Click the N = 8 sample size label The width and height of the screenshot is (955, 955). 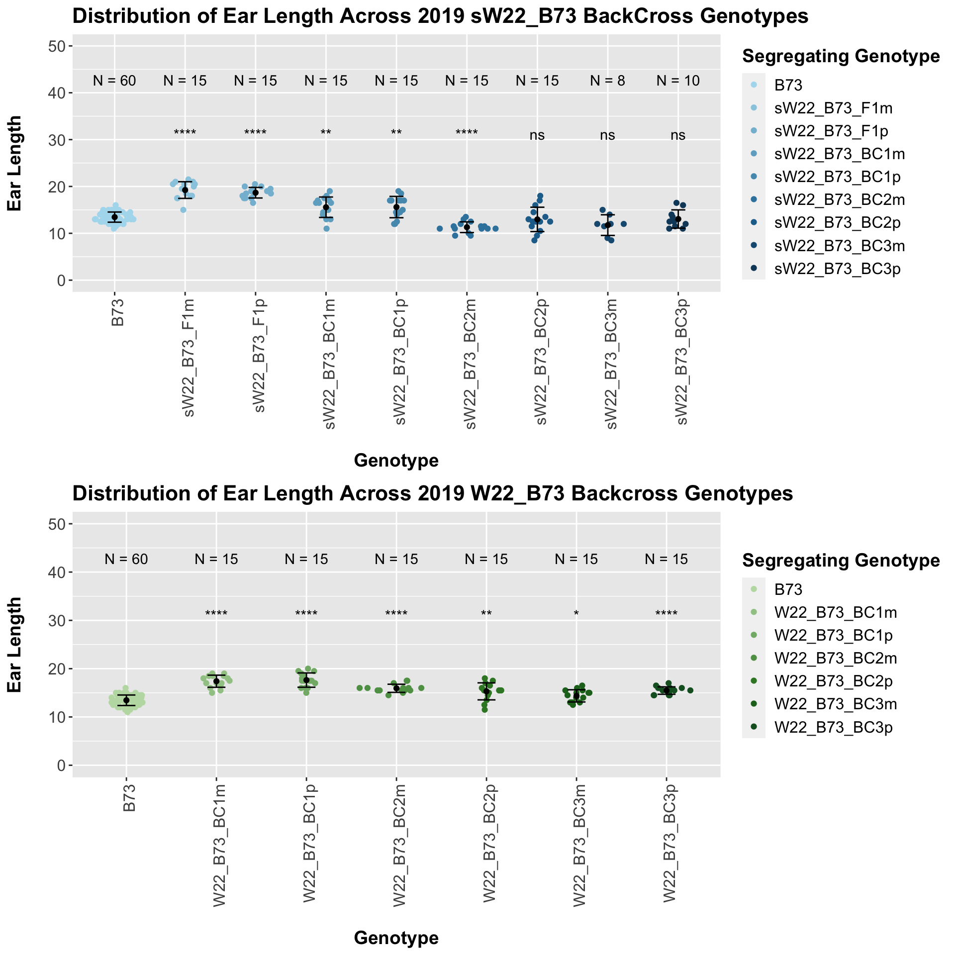607,81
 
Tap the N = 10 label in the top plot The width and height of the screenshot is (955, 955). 678,81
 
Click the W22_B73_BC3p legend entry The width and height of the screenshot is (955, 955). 833,728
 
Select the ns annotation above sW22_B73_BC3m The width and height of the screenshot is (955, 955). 607,135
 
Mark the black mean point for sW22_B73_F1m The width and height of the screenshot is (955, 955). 185,190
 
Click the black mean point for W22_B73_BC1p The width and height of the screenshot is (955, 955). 306,680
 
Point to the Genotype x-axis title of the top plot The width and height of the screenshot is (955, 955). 396,461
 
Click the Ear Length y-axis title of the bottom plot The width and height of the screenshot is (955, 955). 15,645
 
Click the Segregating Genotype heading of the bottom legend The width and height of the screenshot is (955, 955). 841,561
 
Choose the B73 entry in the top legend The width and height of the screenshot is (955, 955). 788,86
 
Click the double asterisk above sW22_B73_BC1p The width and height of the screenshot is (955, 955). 396,133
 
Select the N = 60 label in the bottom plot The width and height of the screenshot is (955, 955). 126,560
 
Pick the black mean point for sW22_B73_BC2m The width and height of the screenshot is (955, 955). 467,227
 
